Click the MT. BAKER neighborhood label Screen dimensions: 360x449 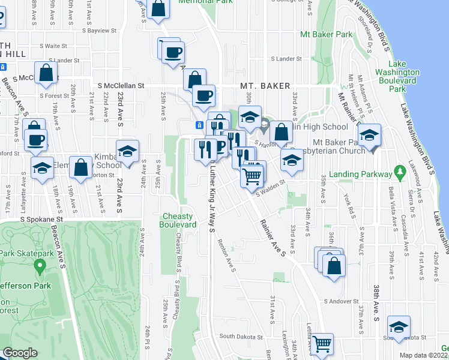pyautogui.click(x=265, y=86)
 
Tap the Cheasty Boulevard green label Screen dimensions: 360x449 pyautogui.click(x=178, y=220)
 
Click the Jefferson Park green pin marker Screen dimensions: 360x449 pyautogui.click(x=40, y=265)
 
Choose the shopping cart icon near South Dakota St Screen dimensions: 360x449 pyautogui.click(x=322, y=343)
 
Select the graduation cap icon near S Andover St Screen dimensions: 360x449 pyautogui.click(x=399, y=326)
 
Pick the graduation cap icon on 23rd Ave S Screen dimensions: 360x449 pyautogui.click(x=127, y=152)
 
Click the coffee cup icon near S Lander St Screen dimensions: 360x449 pyautogui.click(x=173, y=51)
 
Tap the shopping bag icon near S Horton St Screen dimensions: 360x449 pyautogui.click(x=80, y=167)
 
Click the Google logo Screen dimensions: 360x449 pyautogui.click(x=20, y=353)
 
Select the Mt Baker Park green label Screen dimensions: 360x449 pyautogui.click(x=328, y=35)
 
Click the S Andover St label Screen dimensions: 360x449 pyautogui.click(x=340, y=301)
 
